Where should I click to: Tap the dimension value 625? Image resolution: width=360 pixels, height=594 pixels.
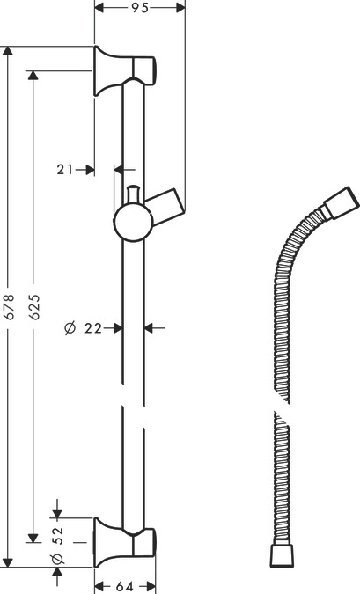pyautogui.click(x=34, y=304)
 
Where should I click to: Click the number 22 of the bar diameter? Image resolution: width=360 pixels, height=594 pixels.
pyautogui.click(x=94, y=328)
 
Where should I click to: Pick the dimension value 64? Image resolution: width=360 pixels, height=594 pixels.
pyautogui.click(x=126, y=587)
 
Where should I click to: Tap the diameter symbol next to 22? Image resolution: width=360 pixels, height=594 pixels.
pyautogui.click(x=70, y=328)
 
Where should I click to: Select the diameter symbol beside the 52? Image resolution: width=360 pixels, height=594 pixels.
pyautogui.click(x=55, y=559)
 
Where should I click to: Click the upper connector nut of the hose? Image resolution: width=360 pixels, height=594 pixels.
pyautogui.click(x=338, y=209)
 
